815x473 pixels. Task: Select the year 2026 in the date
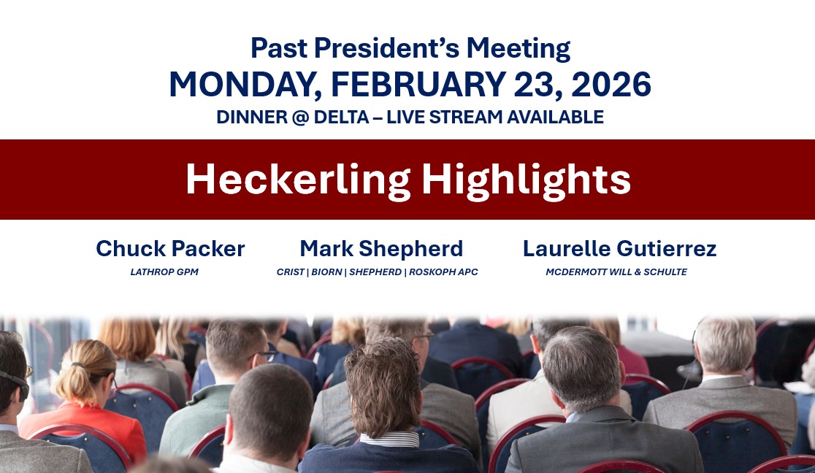[611, 84]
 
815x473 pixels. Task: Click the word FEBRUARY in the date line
[418, 84]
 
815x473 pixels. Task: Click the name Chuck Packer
[170, 248]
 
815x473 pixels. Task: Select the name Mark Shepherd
[381, 249]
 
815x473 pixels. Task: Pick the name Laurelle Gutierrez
[619, 248]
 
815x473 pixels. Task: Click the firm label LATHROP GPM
[164, 272]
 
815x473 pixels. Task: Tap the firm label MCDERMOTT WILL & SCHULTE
[616, 272]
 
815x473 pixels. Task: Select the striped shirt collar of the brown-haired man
[390, 439]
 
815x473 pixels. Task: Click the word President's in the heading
[387, 48]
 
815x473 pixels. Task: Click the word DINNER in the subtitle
[251, 117]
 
